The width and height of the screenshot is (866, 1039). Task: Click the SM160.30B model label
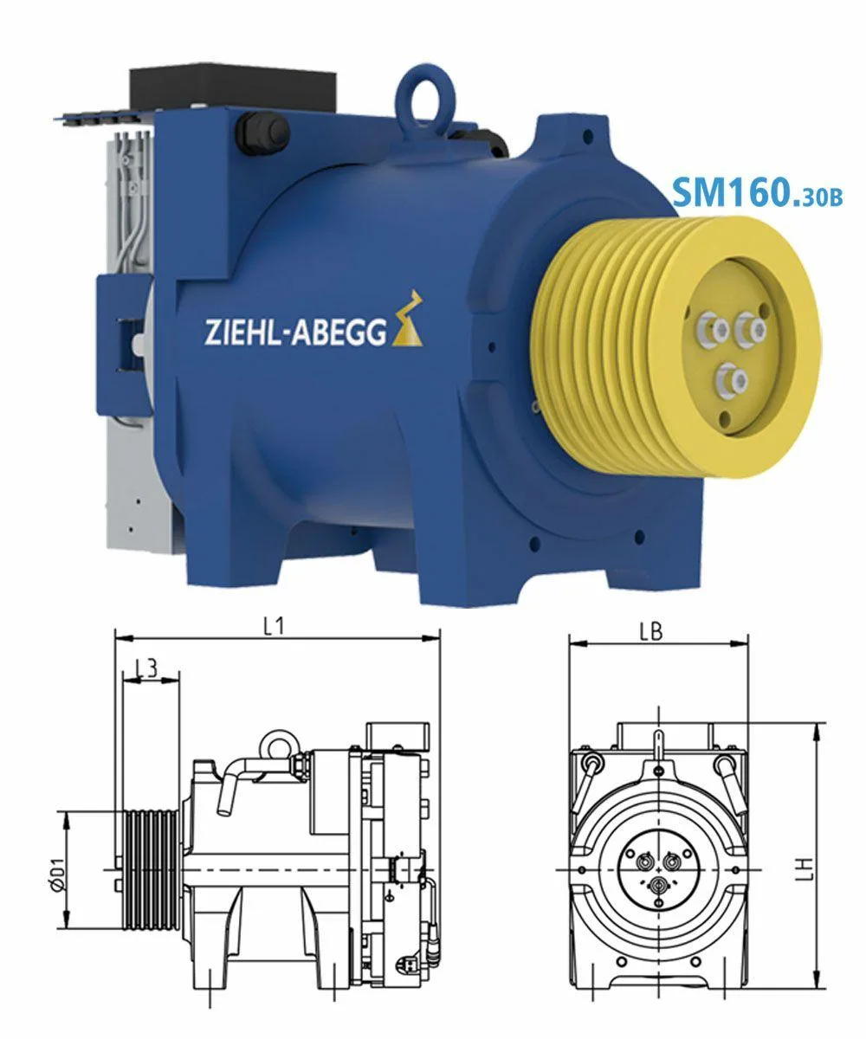pyautogui.click(x=757, y=192)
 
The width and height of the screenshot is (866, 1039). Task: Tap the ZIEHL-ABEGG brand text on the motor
pyautogui.click(x=295, y=332)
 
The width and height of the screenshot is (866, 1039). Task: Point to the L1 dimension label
pyautogui.click(x=274, y=627)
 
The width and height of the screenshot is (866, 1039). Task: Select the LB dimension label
pyautogui.click(x=651, y=632)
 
